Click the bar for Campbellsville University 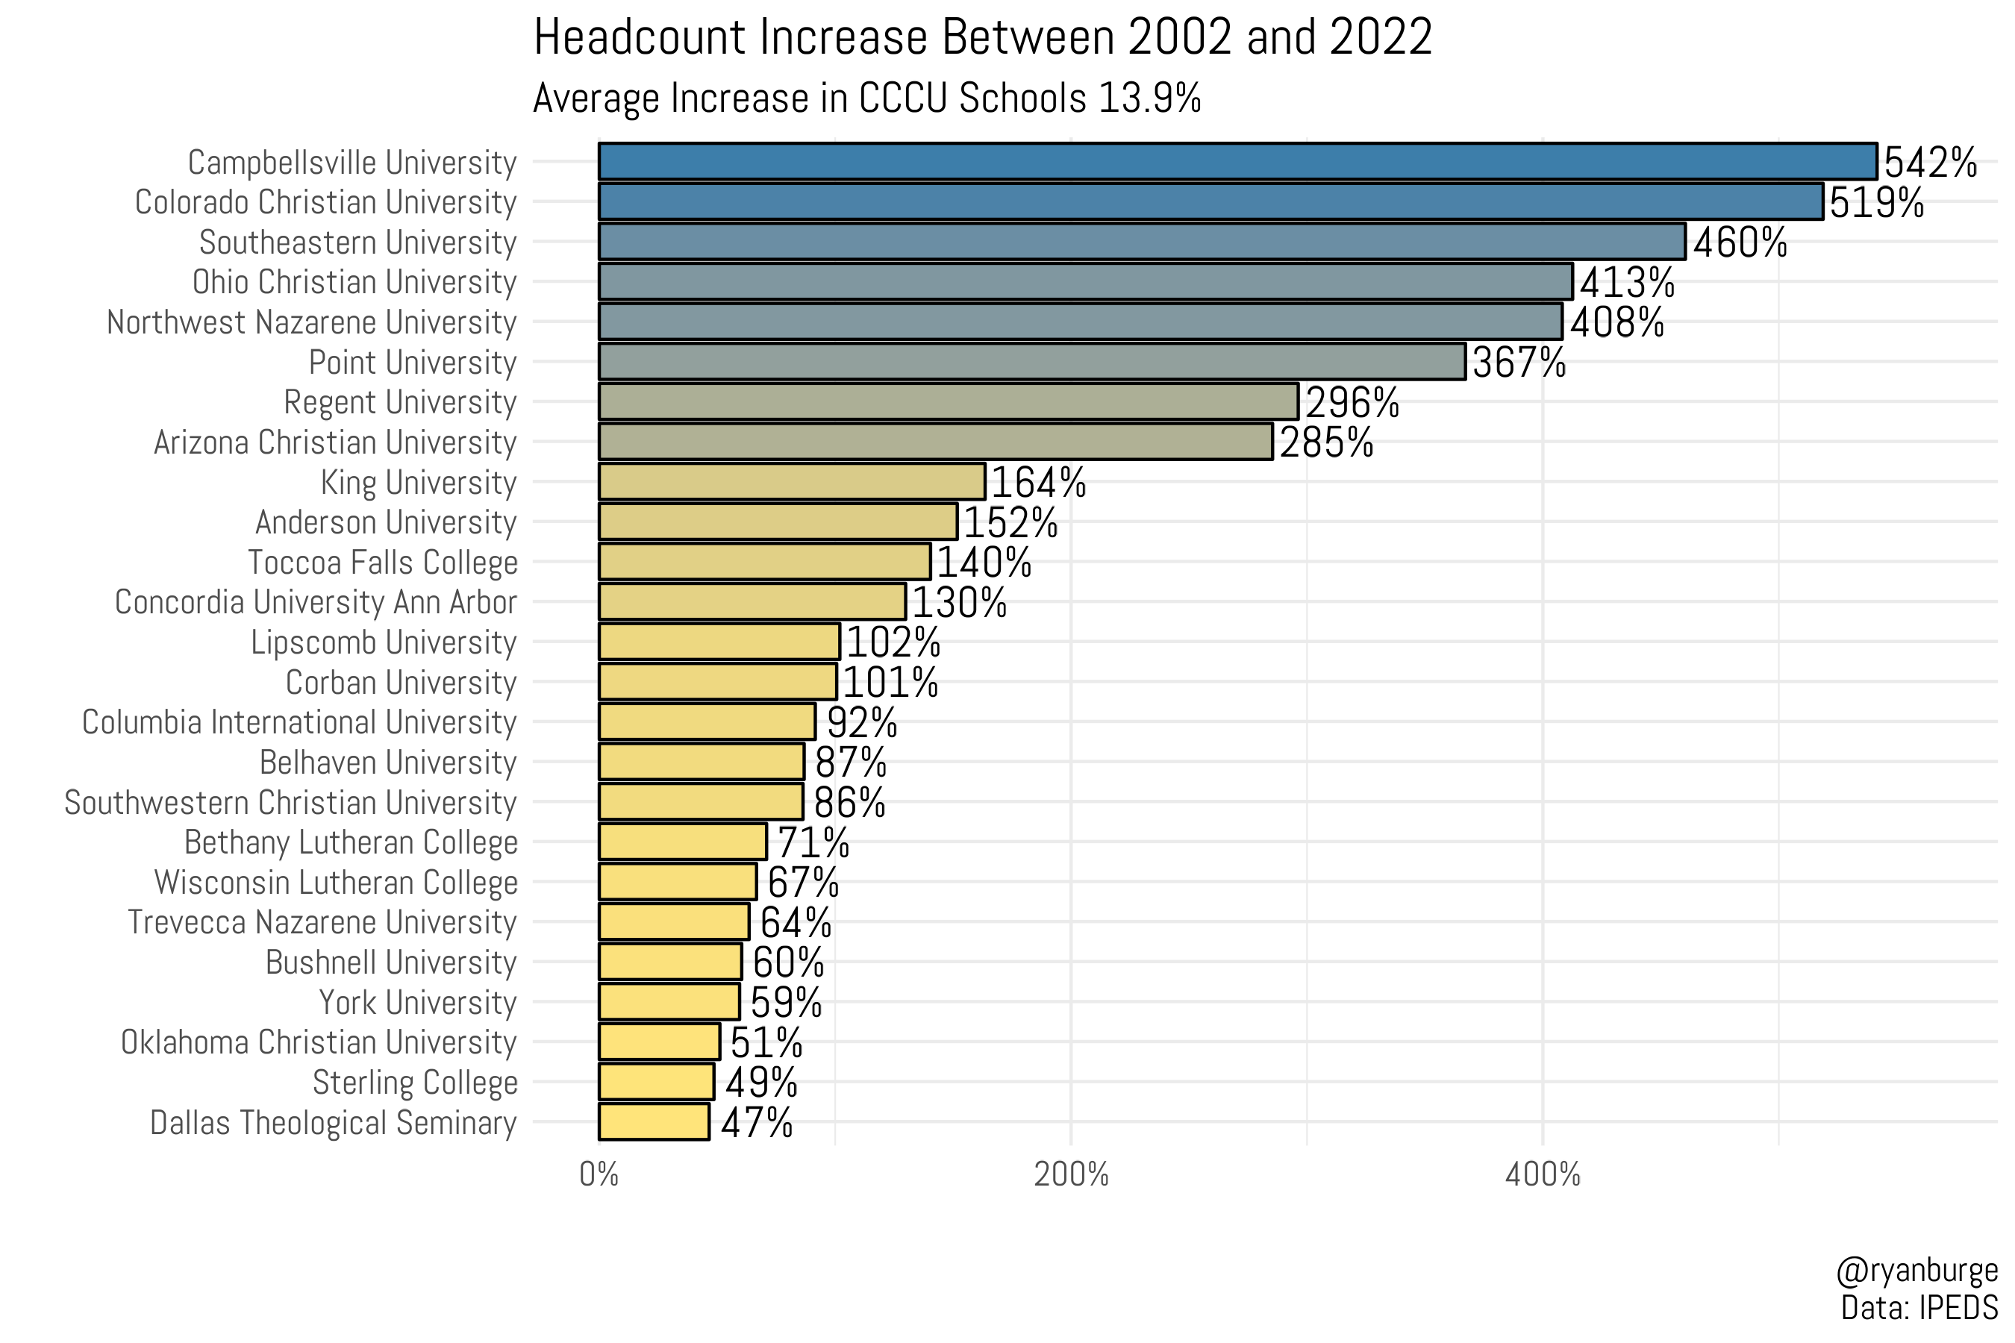pos(1237,162)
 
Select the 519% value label pos(1876,203)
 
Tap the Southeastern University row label pos(357,242)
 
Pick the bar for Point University pos(1031,361)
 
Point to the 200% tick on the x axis pos(1071,1175)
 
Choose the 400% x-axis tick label pos(1542,1175)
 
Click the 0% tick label pos(599,1175)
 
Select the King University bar pos(792,481)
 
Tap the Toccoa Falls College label pos(382,563)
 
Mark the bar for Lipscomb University pos(719,642)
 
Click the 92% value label pos(861,723)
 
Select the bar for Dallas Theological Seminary pos(654,1122)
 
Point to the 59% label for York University pos(786,1003)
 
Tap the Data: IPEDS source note pos(1919,1309)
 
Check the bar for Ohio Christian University pos(1085,282)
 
